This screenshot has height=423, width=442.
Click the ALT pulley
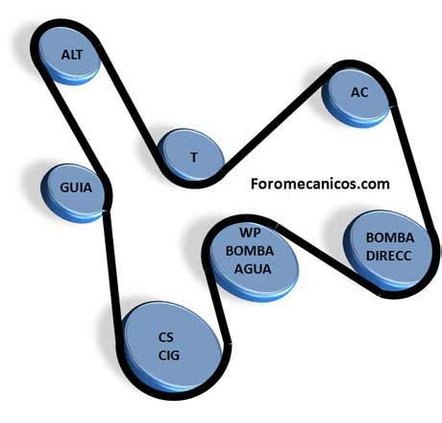(70, 55)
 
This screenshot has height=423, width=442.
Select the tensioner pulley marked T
(191, 156)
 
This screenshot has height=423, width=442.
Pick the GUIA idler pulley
(73, 192)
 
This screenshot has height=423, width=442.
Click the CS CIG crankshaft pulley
(172, 349)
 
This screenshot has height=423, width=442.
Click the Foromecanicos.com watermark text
(320, 184)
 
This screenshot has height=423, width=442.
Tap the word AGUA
(253, 268)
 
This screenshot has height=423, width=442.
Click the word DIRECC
(388, 256)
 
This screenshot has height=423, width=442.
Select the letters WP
(250, 233)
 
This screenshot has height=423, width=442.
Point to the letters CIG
(169, 356)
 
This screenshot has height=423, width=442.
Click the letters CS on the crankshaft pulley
(166, 337)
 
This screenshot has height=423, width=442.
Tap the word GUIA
(76, 187)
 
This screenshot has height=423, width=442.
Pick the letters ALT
(72, 55)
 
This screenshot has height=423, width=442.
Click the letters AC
(359, 92)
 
